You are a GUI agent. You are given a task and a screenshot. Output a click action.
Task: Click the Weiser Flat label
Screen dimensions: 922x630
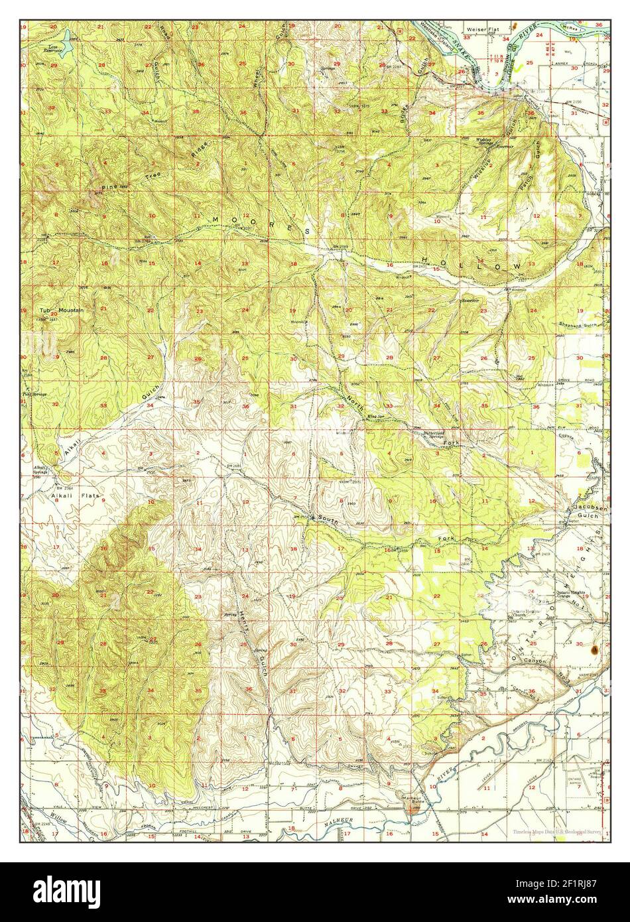click(x=482, y=30)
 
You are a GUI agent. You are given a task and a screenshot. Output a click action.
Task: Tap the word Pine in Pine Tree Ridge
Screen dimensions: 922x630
click(x=109, y=188)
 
